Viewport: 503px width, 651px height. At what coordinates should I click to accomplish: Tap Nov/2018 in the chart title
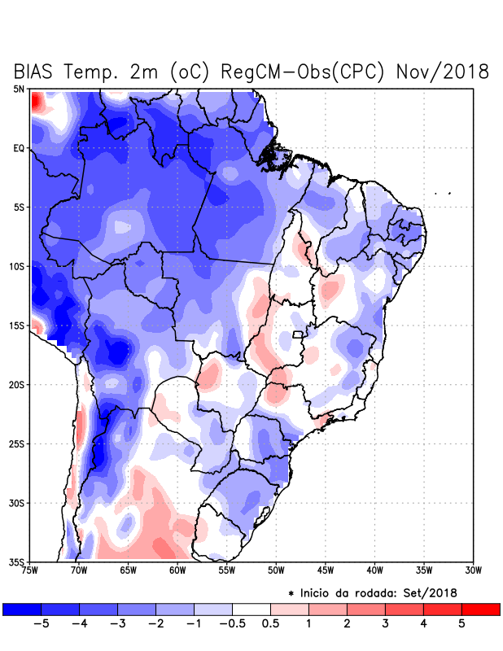coord(442,72)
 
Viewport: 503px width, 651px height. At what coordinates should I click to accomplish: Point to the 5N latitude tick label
coord(19,89)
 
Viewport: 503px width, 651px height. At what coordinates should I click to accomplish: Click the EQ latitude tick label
coord(19,148)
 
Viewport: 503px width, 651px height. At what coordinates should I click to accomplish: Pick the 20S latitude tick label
coord(17,384)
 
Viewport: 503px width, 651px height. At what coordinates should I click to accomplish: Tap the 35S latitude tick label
coord(17,561)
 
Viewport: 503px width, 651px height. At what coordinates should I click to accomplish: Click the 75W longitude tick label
coord(31,570)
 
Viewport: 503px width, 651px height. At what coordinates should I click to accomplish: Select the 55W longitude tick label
coord(228,570)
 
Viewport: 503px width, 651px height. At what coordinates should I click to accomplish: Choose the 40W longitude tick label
coord(375,570)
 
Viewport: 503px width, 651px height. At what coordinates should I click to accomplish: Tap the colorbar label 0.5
coord(270,624)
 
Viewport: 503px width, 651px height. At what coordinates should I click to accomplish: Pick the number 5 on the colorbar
coord(461,624)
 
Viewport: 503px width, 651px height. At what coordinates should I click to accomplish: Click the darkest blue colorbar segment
coord(22,609)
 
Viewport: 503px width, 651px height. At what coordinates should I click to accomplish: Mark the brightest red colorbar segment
coord(480,609)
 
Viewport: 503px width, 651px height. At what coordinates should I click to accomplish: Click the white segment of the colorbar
coord(251,609)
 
